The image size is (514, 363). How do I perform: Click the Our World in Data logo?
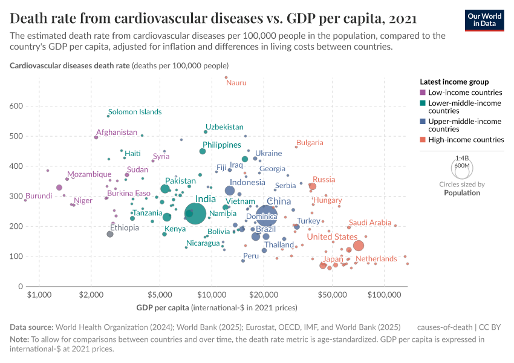pos(485,19)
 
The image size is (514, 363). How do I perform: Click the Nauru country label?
pos(236,82)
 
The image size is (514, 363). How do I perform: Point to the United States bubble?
pos(359,246)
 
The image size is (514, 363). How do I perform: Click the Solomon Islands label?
pos(135,112)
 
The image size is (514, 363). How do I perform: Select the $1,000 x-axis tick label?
pos(39,295)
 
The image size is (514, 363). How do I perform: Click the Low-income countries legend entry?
pos(464,93)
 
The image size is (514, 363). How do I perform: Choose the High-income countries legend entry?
pos(466,140)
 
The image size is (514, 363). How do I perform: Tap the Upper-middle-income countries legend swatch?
pos(423,122)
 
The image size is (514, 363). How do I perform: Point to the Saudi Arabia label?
pos(370,223)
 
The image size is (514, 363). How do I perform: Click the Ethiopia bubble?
pos(110,234)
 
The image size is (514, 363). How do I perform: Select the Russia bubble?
pos(312,186)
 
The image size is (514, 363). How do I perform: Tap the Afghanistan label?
pos(117,132)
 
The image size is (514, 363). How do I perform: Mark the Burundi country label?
pos(38,196)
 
